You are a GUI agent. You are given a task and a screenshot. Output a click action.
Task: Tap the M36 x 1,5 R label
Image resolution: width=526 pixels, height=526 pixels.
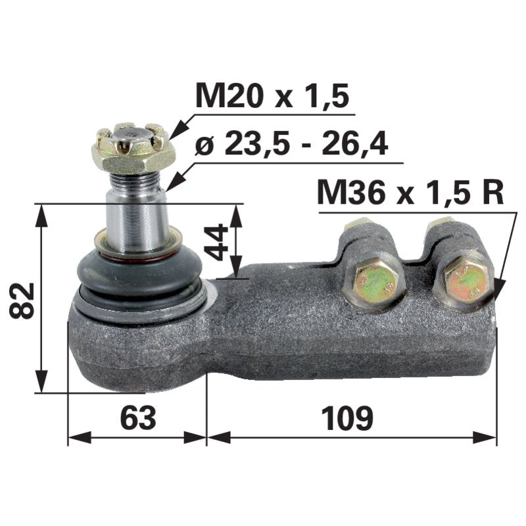click(410, 193)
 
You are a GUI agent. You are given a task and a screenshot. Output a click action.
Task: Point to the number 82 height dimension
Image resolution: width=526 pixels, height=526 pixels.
click(23, 300)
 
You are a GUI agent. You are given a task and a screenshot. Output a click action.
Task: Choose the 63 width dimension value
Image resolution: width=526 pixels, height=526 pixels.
click(138, 418)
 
